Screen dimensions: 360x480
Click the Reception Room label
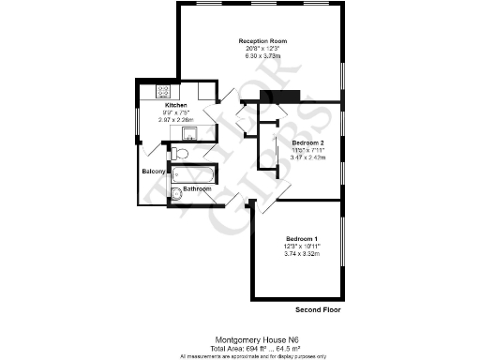tap(262, 42)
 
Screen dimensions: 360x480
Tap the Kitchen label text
tap(176, 106)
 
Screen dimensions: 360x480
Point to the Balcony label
tap(154, 172)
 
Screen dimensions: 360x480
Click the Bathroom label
tap(197, 189)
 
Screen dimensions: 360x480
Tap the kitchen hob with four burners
tap(162, 92)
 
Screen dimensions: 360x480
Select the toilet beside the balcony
tap(181, 153)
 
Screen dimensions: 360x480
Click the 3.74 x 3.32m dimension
tap(303, 253)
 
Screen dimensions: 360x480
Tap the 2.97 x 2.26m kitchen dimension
tap(176, 120)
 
